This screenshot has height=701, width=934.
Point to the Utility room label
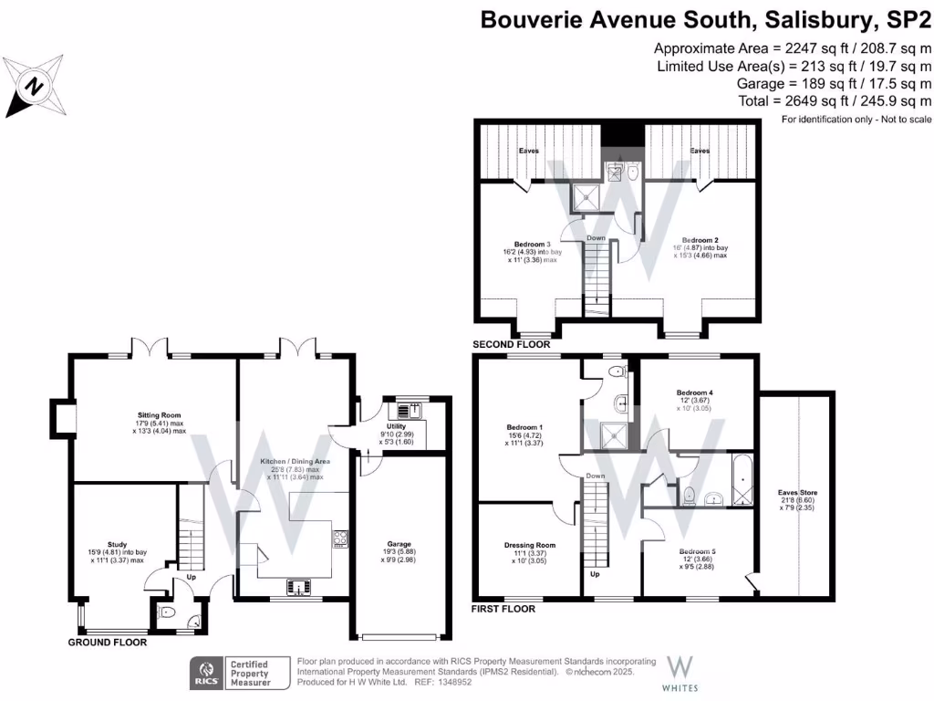396,426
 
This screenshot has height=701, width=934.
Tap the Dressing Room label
529,545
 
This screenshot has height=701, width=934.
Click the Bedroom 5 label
697,551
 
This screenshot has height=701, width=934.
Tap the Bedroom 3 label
532,244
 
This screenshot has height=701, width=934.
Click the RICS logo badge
202,674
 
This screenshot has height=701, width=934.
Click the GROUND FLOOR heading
108,643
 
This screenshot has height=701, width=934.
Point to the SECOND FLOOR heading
511,345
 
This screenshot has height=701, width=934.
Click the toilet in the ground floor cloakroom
168,613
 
